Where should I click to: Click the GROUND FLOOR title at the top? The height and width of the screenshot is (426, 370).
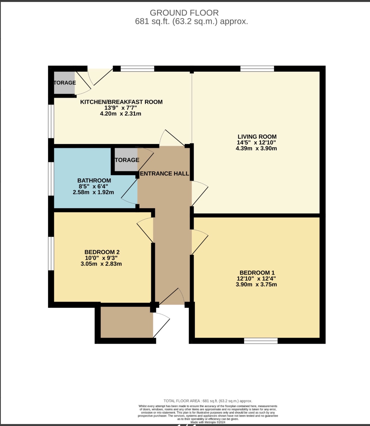(184, 13)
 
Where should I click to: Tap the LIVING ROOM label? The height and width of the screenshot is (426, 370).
(257, 137)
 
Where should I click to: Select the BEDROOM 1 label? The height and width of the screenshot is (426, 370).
(257, 272)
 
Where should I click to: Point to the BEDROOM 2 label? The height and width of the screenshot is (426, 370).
(102, 252)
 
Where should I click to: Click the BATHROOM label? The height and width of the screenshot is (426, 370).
(94, 180)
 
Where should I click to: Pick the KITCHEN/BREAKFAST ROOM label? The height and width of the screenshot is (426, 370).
(121, 102)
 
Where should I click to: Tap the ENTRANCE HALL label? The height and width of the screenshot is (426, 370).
(164, 173)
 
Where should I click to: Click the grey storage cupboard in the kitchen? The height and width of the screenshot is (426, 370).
(64, 83)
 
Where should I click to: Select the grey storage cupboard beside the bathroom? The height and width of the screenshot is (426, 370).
(126, 160)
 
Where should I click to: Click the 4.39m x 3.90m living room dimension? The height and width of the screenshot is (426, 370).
(256, 148)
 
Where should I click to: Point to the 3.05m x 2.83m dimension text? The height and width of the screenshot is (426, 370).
(101, 264)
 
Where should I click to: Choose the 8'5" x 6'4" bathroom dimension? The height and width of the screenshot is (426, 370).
(93, 186)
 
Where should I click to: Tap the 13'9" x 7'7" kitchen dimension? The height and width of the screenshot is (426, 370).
(121, 108)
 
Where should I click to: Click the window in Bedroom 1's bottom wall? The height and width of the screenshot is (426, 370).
(261, 341)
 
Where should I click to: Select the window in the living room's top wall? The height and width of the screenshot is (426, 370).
(257, 69)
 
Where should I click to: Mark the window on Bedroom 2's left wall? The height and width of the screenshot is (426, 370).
(51, 253)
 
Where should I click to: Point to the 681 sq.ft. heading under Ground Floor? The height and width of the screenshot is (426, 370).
(191, 21)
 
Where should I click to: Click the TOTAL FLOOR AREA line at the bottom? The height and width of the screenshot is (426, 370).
(208, 401)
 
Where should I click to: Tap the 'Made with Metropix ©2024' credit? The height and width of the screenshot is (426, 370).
(208, 422)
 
